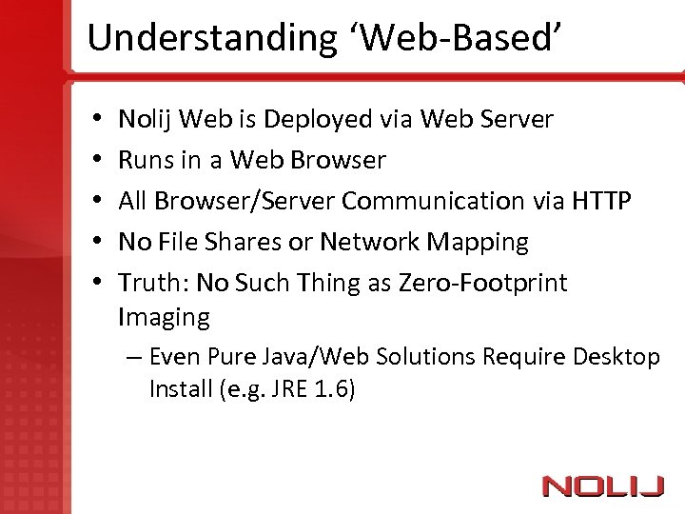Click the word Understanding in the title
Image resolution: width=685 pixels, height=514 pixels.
[206, 38]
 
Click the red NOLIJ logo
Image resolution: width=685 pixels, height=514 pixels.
[602, 486]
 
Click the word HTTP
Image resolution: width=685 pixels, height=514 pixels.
[601, 201]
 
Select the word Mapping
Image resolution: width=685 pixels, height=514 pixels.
[478, 242]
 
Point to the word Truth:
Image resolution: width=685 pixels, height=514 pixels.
[153, 283]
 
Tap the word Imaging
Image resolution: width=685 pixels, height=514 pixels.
[164, 317]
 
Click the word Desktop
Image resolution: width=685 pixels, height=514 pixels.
[616, 358]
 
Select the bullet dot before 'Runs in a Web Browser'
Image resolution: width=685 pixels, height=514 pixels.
[99, 160]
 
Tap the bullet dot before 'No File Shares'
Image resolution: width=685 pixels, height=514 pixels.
[99, 242]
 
